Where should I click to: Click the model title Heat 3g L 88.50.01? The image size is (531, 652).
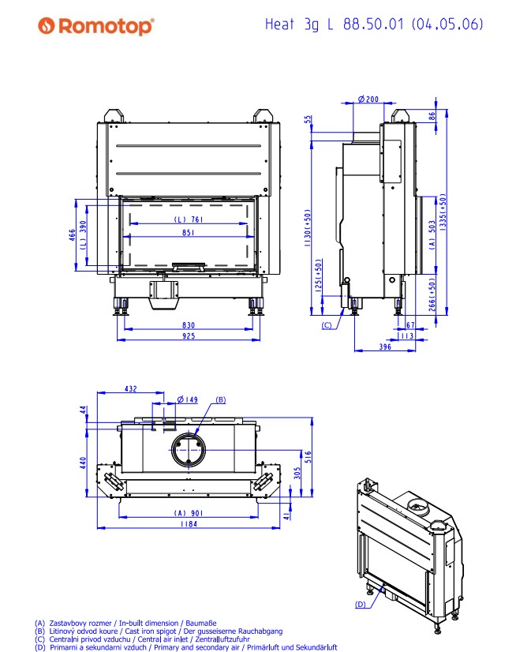[374, 24]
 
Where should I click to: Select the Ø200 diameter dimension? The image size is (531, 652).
[368, 99]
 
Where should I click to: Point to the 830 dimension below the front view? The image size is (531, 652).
[188, 324]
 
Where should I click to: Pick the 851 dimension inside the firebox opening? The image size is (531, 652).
[188, 233]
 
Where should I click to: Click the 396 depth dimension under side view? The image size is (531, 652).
[384, 346]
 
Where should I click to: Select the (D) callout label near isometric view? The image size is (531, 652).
[360, 605]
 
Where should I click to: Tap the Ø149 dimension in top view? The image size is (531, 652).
[187, 399]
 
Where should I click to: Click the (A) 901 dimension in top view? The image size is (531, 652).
[188, 512]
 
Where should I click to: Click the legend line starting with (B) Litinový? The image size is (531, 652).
[158, 631]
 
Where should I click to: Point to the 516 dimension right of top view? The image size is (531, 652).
[309, 455]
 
